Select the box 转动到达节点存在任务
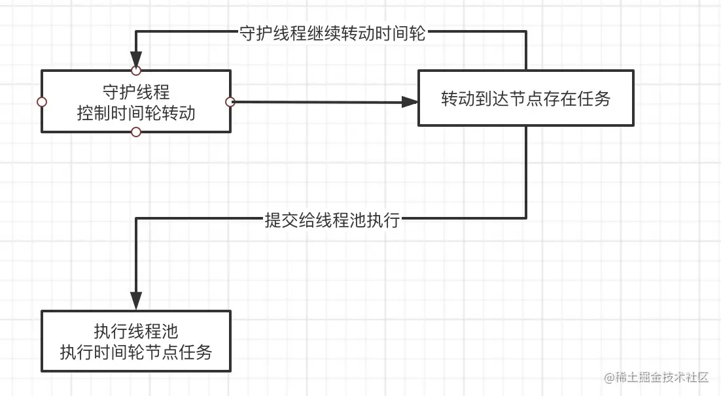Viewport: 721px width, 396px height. (x=525, y=98)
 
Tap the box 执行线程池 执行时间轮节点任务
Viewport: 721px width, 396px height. (x=136, y=341)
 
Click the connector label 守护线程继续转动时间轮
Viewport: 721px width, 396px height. (x=332, y=34)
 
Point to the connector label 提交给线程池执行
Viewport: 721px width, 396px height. (x=331, y=220)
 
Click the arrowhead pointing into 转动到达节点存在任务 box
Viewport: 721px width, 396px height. (x=410, y=102)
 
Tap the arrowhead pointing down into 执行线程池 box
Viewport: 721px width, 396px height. (x=136, y=301)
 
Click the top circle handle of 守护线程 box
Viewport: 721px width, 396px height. (x=136, y=70)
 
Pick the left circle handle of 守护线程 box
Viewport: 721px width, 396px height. (x=42, y=102)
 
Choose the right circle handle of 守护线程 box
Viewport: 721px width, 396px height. (x=230, y=102)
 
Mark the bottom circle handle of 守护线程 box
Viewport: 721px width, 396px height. (x=136, y=133)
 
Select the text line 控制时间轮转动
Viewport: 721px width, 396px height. (x=136, y=112)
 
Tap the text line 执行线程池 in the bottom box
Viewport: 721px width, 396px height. (x=136, y=331)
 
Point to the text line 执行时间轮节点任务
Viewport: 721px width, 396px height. (x=136, y=352)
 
